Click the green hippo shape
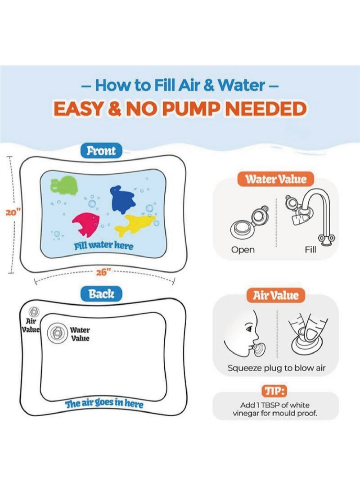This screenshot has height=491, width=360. click(x=64, y=185)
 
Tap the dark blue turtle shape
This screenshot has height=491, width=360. click(x=122, y=199)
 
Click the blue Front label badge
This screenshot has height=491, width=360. click(x=101, y=151)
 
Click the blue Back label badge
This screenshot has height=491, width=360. click(x=101, y=294)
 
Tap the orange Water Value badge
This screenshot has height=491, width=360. click(x=275, y=179)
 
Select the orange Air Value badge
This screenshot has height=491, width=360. click(x=275, y=295)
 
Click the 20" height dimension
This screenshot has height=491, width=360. click(x=13, y=212)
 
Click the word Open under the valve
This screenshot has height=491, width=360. click(x=243, y=250)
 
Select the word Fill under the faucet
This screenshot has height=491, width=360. click(x=310, y=250)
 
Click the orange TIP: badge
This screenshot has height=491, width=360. click(x=274, y=391)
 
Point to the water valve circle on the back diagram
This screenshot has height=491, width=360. click(x=57, y=333)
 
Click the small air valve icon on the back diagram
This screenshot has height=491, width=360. click(x=34, y=311)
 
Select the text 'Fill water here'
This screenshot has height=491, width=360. click(x=103, y=246)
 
